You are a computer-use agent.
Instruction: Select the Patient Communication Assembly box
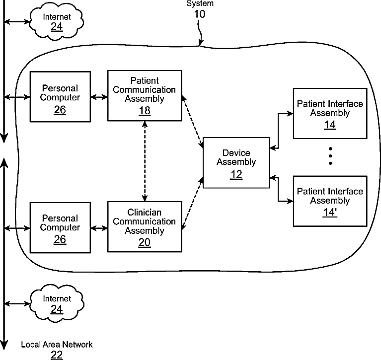click(x=145, y=96)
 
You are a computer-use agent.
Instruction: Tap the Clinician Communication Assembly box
click(x=145, y=226)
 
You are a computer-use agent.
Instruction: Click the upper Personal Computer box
click(x=60, y=97)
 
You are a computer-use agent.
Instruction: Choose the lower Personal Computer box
click(x=60, y=227)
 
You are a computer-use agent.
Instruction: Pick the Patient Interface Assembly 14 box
click(x=330, y=113)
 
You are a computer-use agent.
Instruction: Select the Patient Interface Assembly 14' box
click(x=330, y=201)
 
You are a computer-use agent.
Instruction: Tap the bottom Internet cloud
click(x=57, y=303)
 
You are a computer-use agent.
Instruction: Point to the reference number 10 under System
click(x=199, y=14)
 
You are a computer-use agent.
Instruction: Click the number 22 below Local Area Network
click(x=57, y=354)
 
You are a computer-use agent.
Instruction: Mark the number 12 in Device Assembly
click(x=236, y=174)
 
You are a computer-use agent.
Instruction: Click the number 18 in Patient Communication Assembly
click(x=145, y=110)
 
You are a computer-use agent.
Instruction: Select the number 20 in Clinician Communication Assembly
click(x=145, y=242)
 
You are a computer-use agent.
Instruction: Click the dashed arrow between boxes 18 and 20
click(x=145, y=161)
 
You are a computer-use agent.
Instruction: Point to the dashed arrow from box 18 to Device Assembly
click(x=192, y=122)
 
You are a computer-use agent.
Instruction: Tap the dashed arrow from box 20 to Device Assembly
click(x=193, y=204)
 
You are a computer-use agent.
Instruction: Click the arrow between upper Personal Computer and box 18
click(x=99, y=97)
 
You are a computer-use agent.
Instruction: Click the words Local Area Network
click(x=57, y=344)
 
